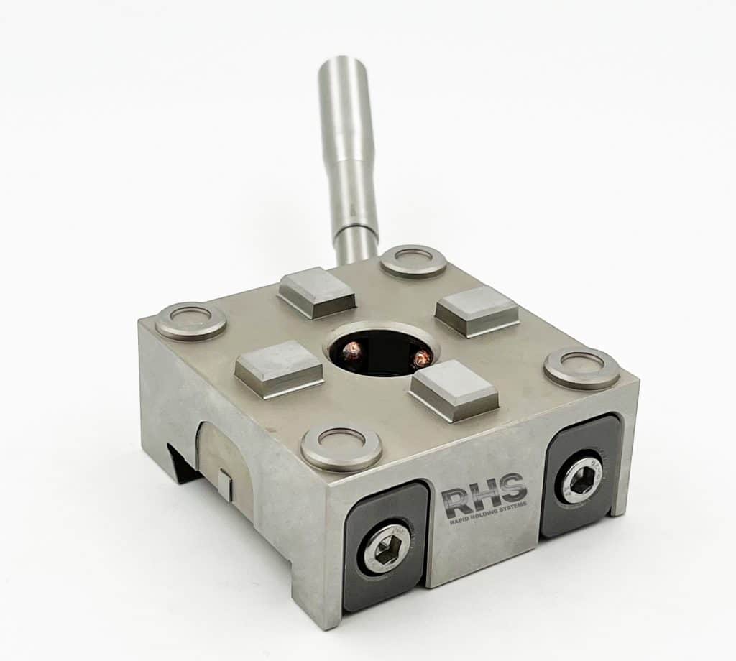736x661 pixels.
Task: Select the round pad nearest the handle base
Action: point(413,262)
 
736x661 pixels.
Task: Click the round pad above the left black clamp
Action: point(341,447)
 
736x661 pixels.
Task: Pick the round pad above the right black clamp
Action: point(581,367)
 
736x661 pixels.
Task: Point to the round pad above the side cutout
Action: point(190,321)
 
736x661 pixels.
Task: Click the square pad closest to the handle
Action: point(317,292)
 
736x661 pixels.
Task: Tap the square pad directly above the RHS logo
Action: point(454,389)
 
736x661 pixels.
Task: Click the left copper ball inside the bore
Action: point(352,351)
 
